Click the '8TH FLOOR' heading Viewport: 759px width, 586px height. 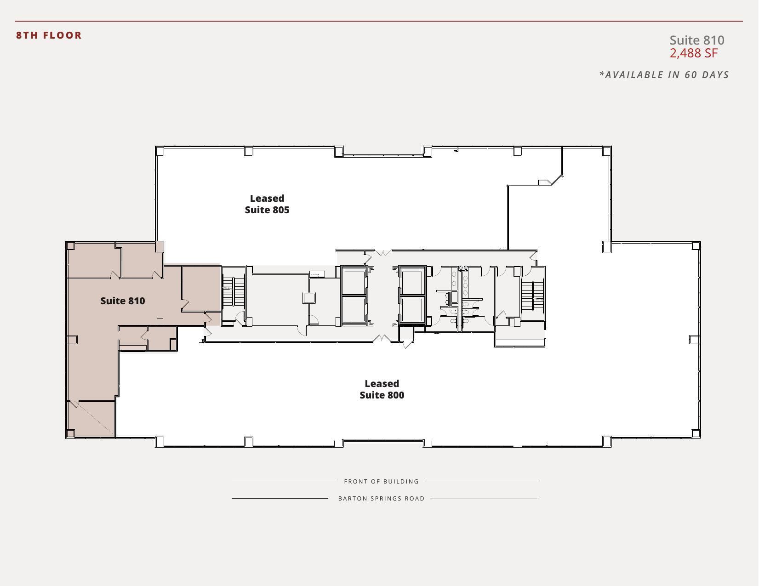pyautogui.click(x=49, y=35)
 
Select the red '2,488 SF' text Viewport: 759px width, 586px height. pyautogui.click(x=693, y=53)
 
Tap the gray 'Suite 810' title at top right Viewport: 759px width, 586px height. pyautogui.click(x=696, y=40)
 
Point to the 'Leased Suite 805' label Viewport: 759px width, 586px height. pyautogui.click(x=267, y=204)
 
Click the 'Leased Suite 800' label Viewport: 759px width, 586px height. pyautogui.click(x=382, y=389)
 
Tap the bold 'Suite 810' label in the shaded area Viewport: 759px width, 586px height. pyautogui.click(x=123, y=301)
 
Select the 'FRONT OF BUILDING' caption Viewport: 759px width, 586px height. pyautogui.click(x=382, y=482)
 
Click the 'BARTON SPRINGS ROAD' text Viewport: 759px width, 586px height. pyautogui.click(x=382, y=499)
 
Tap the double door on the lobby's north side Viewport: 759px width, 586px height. pyautogui.click(x=383, y=253)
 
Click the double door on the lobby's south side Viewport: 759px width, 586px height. pyautogui.click(x=382, y=339)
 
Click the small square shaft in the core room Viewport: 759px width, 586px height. pyautogui.click(x=309, y=298)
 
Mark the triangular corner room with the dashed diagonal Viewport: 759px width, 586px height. pyautogui.click(x=92, y=418)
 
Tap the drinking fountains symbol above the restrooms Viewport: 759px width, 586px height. pyautogui.click(x=463, y=268)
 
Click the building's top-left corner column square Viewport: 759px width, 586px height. pyautogui.click(x=160, y=151)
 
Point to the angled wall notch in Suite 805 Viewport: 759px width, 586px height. pyautogui.click(x=552, y=180)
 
